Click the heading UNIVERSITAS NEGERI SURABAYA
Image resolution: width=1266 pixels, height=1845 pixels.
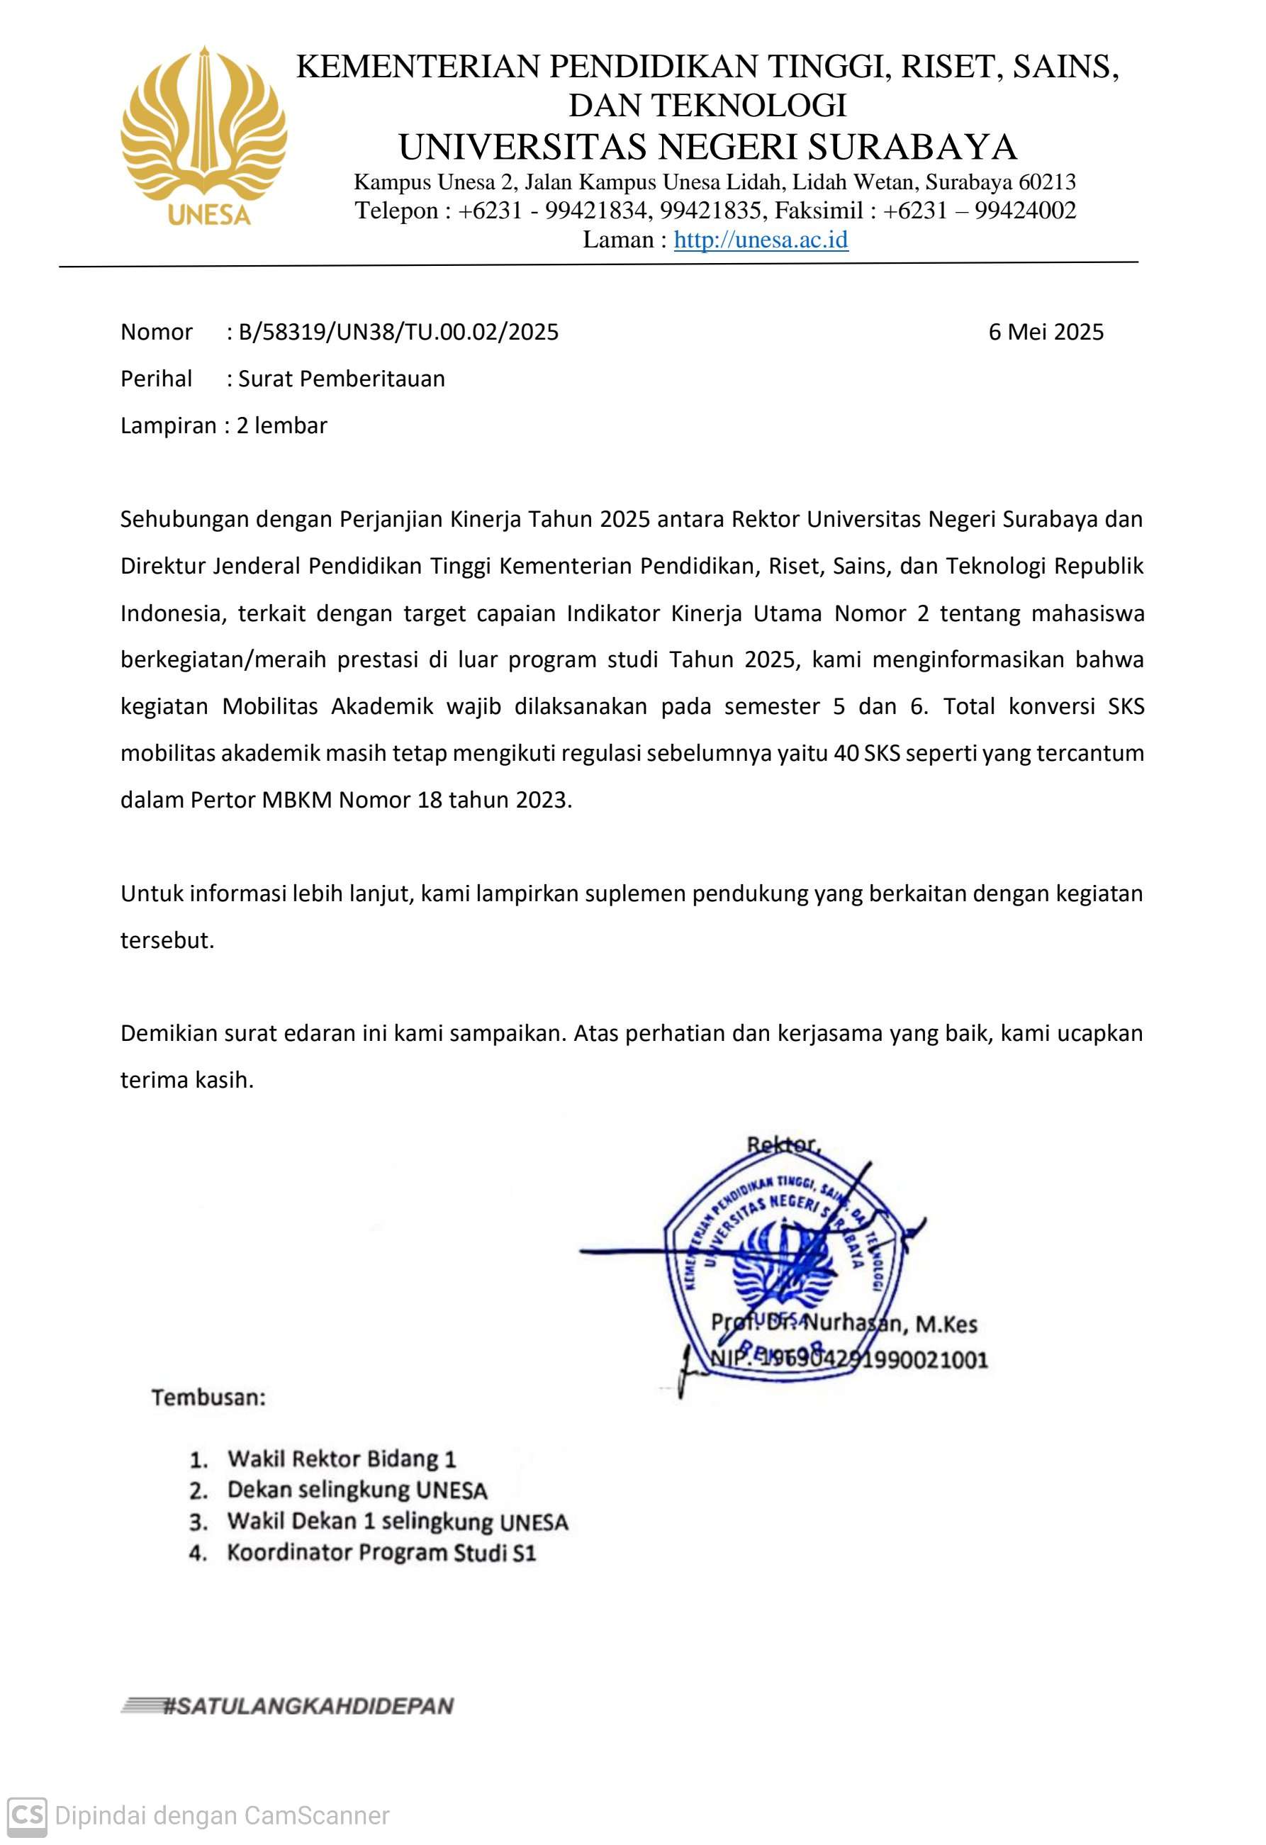(x=707, y=147)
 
